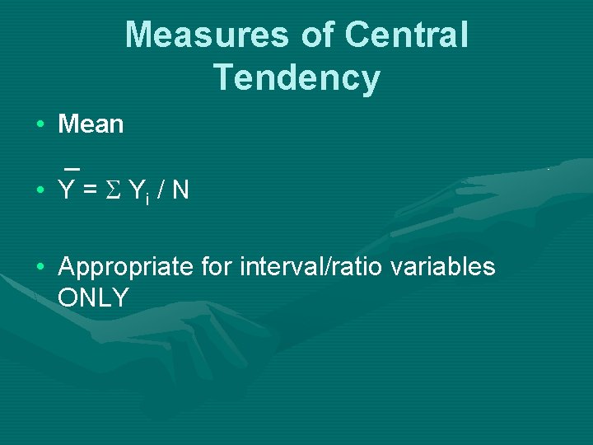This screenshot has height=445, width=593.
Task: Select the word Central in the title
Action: point(407,35)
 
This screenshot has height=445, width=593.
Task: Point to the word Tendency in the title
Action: point(296,77)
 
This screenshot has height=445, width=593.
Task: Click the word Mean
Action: point(91,124)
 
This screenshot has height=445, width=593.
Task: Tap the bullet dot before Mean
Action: point(40,125)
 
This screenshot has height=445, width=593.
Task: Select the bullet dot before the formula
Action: point(40,191)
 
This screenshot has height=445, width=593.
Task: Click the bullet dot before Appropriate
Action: point(40,268)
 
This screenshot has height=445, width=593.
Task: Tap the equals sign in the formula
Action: point(91,191)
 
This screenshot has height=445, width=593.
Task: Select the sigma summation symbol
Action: point(114,191)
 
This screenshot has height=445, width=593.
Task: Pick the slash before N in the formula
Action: point(160,191)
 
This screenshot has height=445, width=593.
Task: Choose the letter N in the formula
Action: point(180,191)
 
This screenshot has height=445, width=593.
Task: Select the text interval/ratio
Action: point(310,267)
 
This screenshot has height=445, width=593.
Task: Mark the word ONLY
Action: point(94,298)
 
